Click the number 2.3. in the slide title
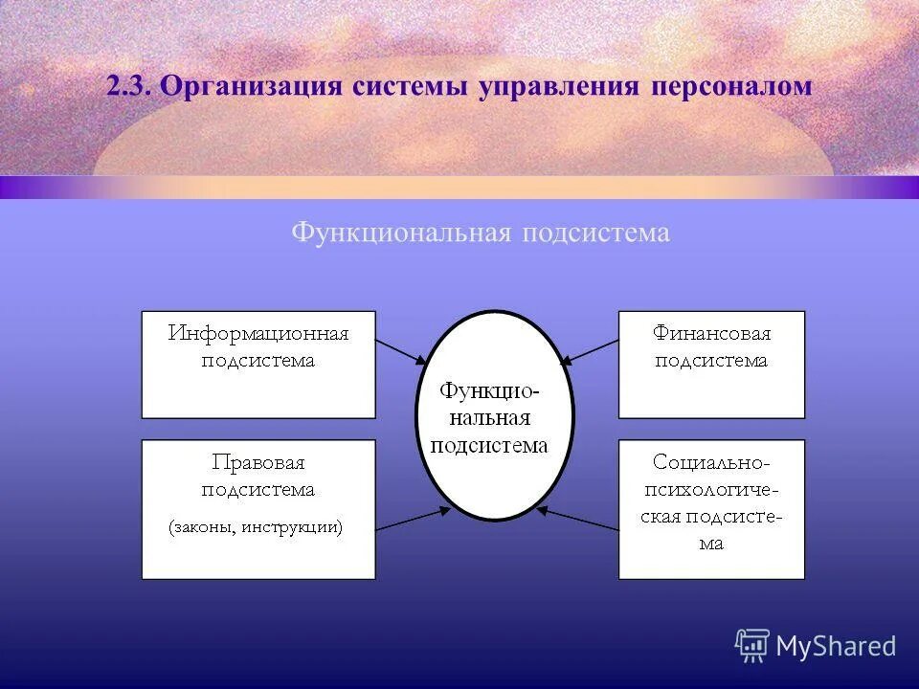[x=129, y=86]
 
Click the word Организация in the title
[x=252, y=86]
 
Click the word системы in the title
[x=410, y=86]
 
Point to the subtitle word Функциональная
[x=402, y=233]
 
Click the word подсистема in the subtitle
[x=594, y=233]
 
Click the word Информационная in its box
[x=258, y=334]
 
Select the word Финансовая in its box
[x=711, y=334]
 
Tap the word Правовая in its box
[x=258, y=463]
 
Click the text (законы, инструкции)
[x=257, y=526]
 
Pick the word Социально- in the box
[x=711, y=463]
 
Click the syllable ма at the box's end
[x=711, y=544]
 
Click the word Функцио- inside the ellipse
[x=490, y=390]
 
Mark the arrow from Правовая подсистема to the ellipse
[x=412, y=519]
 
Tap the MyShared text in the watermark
[x=836, y=646]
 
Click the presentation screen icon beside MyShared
[x=752, y=646]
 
